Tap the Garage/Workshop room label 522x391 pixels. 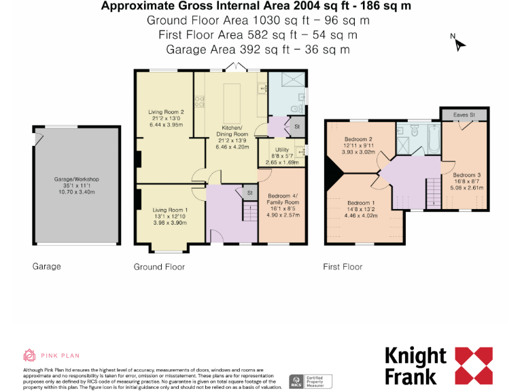pyautogui.click(x=77, y=179)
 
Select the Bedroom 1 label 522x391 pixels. pyautogui.click(x=361, y=203)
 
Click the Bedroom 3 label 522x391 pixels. pyautogui.click(x=467, y=174)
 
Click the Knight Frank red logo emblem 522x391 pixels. pyautogui.click(x=473, y=365)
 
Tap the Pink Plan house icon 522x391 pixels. pyautogui.click(x=29, y=355)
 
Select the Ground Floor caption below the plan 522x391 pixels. pyautogui.click(x=159, y=267)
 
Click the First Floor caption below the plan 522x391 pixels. pyautogui.click(x=343, y=267)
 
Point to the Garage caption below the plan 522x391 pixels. pyautogui.click(x=47, y=267)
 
